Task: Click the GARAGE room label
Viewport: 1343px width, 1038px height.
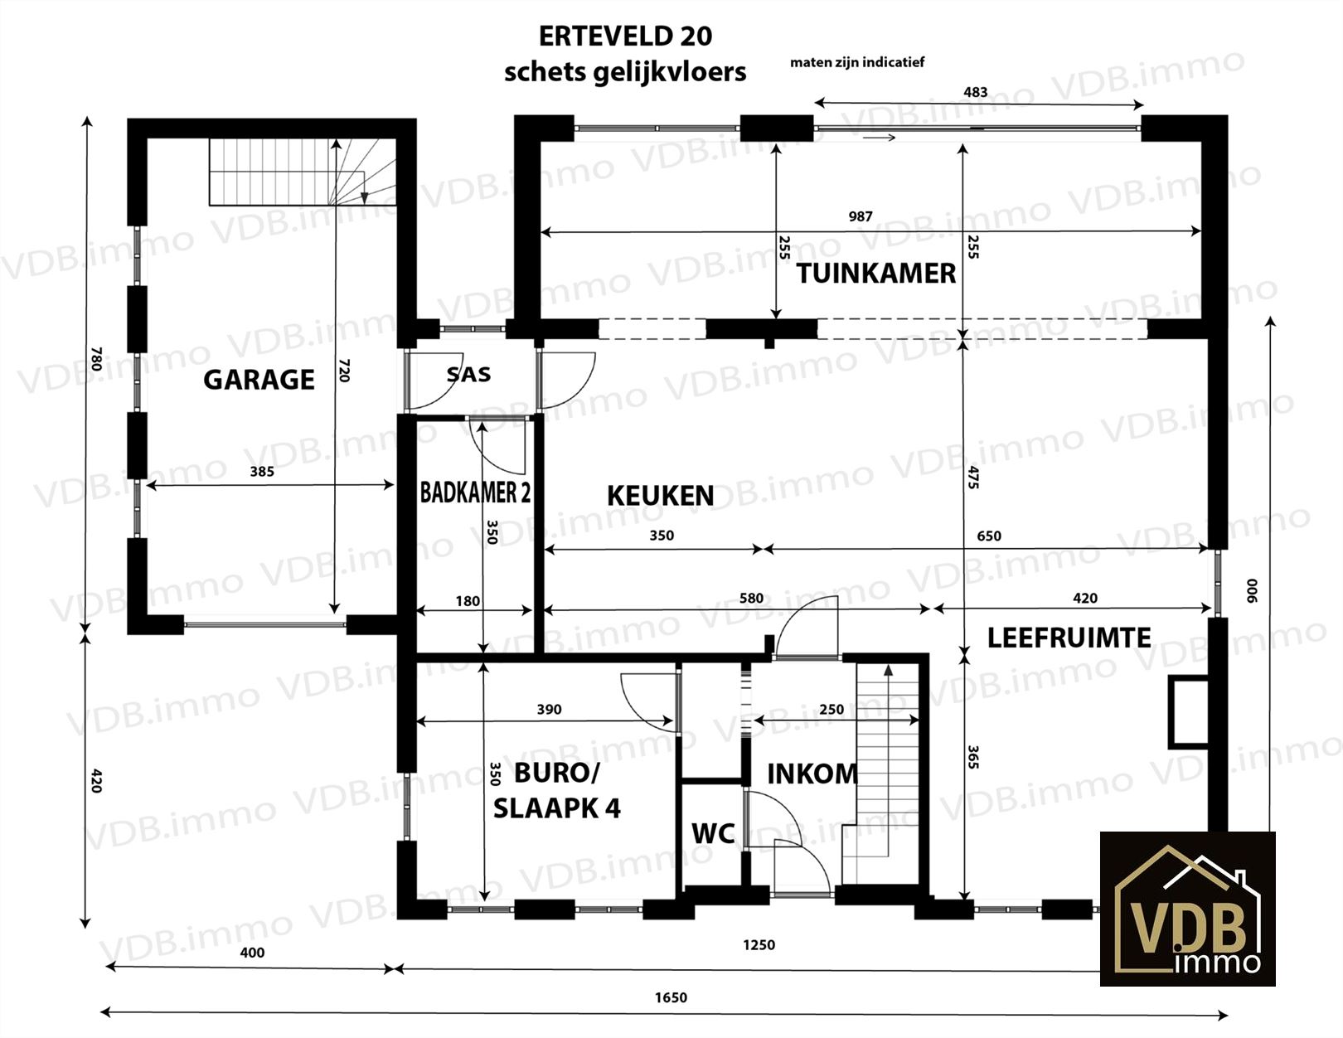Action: (259, 380)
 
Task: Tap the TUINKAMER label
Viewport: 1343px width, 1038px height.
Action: (875, 273)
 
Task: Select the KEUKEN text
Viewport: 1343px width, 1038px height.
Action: (660, 496)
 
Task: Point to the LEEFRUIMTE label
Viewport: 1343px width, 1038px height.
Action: (1069, 638)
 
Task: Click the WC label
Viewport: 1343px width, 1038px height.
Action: (713, 832)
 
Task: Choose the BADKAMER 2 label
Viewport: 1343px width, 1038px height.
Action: (475, 492)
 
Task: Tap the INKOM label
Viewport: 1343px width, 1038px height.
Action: (812, 774)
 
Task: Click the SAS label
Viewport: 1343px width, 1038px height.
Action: (468, 375)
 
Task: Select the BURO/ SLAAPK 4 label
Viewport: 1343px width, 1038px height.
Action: (556, 790)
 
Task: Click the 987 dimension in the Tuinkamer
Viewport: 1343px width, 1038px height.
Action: (861, 216)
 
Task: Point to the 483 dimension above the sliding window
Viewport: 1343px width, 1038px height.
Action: (976, 92)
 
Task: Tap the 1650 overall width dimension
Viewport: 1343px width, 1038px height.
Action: (671, 997)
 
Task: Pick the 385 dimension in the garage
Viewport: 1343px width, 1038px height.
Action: (262, 472)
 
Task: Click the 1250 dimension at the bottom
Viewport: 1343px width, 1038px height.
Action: (759, 944)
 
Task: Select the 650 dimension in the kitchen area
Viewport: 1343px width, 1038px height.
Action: (989, 536)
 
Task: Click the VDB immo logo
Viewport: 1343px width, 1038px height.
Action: (1187, 909)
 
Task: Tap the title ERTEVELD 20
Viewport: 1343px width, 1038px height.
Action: (625, 36)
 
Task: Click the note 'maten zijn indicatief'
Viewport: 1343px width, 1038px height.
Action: (857, 62)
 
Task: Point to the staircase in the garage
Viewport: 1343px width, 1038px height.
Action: (303, 172)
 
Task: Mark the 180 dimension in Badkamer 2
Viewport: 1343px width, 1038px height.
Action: (468, 600)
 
